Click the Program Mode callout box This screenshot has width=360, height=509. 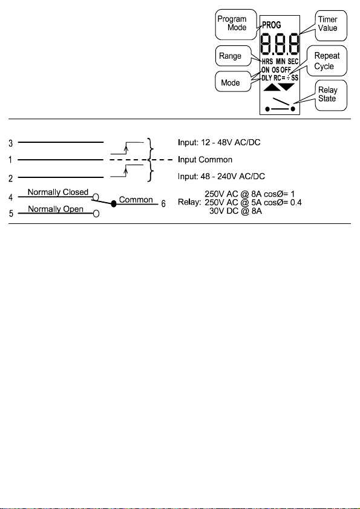point(232,24)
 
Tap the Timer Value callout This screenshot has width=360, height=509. point(331,25)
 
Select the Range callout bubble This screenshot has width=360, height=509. point(233,56)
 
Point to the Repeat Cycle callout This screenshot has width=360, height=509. point(327,61)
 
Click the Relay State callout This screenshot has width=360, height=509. point(331,95)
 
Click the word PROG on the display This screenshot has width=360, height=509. point(272,25)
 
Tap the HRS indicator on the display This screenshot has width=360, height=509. point(267,61)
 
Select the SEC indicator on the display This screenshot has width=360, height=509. point(293,61)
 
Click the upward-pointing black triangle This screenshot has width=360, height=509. point(272,87)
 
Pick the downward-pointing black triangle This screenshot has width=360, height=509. point(287,87)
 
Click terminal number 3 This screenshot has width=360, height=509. point(11,143)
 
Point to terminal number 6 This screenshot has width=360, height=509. point(163,204)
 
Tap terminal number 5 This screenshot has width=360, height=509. point(11,214)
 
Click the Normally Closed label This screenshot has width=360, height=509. point(58,192)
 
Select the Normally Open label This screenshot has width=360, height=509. point(56,209)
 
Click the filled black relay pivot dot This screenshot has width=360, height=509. point(114,204)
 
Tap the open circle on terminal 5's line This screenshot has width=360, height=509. point(96,214)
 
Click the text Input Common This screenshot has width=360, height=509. point(205,160)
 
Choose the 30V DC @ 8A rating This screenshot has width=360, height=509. point(235,211)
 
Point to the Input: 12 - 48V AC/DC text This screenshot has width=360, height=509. point(219,142)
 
